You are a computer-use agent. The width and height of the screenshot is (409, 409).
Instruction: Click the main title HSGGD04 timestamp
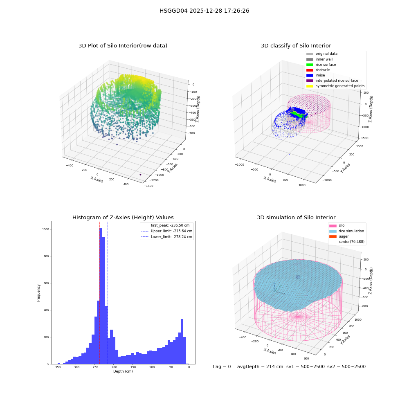pos(204,11)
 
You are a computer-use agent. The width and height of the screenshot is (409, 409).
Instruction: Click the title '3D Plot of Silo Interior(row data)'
pos(123,46)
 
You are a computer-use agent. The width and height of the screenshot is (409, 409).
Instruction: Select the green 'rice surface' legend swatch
pos(310,65)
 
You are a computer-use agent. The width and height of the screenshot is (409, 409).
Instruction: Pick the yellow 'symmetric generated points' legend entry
pos(335,86)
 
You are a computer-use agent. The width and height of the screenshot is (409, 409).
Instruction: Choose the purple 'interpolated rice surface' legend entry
pos(332,81)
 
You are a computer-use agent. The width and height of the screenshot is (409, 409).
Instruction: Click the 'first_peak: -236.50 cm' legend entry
pos(165,225)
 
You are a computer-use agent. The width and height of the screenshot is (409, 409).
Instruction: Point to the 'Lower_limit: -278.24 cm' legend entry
pos(167,237)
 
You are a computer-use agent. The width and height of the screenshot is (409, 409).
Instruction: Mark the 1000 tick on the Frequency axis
pos(46,229)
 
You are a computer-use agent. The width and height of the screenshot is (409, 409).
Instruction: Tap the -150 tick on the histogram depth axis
pos(132,367)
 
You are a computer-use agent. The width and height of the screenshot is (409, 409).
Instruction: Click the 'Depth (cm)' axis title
pos(123,371)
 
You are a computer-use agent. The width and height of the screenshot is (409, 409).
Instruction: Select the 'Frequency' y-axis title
pos(38,293)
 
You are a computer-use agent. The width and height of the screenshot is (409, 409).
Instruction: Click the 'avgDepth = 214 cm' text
pos(260,366)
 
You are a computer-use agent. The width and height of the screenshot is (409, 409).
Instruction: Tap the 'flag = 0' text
pos(222,366)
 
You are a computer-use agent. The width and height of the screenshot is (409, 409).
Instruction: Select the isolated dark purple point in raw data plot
pos(140,175)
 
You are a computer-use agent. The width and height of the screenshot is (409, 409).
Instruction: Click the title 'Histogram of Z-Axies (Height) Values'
pos(123,217)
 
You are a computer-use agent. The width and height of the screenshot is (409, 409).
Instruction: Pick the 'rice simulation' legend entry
pos(347,231)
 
